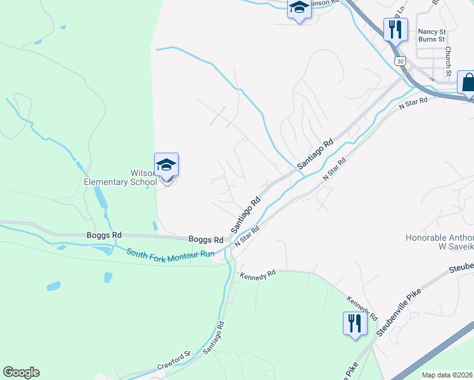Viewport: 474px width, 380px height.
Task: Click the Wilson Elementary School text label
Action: (x=120, y=177)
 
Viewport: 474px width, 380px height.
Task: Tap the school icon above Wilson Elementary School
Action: (x=166, y=165)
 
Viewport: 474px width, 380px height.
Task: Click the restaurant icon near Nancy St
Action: (x=395, y=29)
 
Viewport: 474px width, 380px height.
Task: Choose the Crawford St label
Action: (x=174, y=363)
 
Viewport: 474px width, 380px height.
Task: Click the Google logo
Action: (x=21, y=372)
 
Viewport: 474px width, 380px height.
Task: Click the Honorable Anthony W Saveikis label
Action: (x=439, y=243)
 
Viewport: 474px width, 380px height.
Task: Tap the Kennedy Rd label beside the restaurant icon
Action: (x=362, y=305)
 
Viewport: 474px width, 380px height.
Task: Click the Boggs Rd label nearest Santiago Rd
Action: (x=206, y=239)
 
